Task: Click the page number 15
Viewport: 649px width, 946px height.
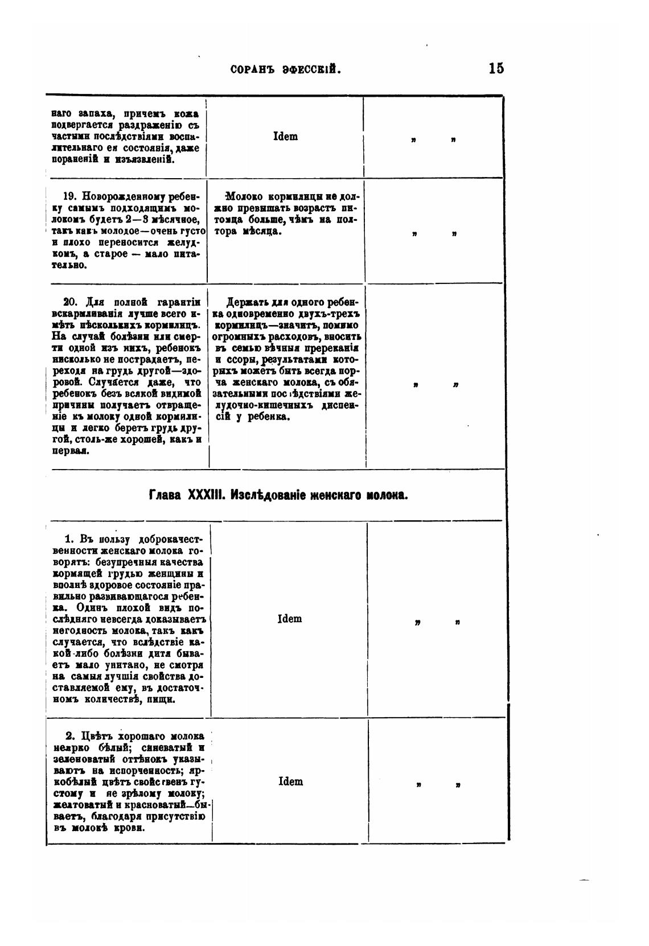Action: [495, 68]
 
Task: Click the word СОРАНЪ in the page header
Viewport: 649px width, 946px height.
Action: [253, 69]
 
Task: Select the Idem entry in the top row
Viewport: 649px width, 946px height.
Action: [285, 137]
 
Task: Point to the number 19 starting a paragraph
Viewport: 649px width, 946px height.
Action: [69, 196]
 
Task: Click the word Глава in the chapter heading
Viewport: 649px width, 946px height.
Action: [166, 495]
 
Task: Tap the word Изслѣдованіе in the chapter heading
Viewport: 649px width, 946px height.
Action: [268, 495]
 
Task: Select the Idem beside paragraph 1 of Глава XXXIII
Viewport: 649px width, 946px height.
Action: [289, 619]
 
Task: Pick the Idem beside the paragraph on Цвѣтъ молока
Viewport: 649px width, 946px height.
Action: [290, 782]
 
